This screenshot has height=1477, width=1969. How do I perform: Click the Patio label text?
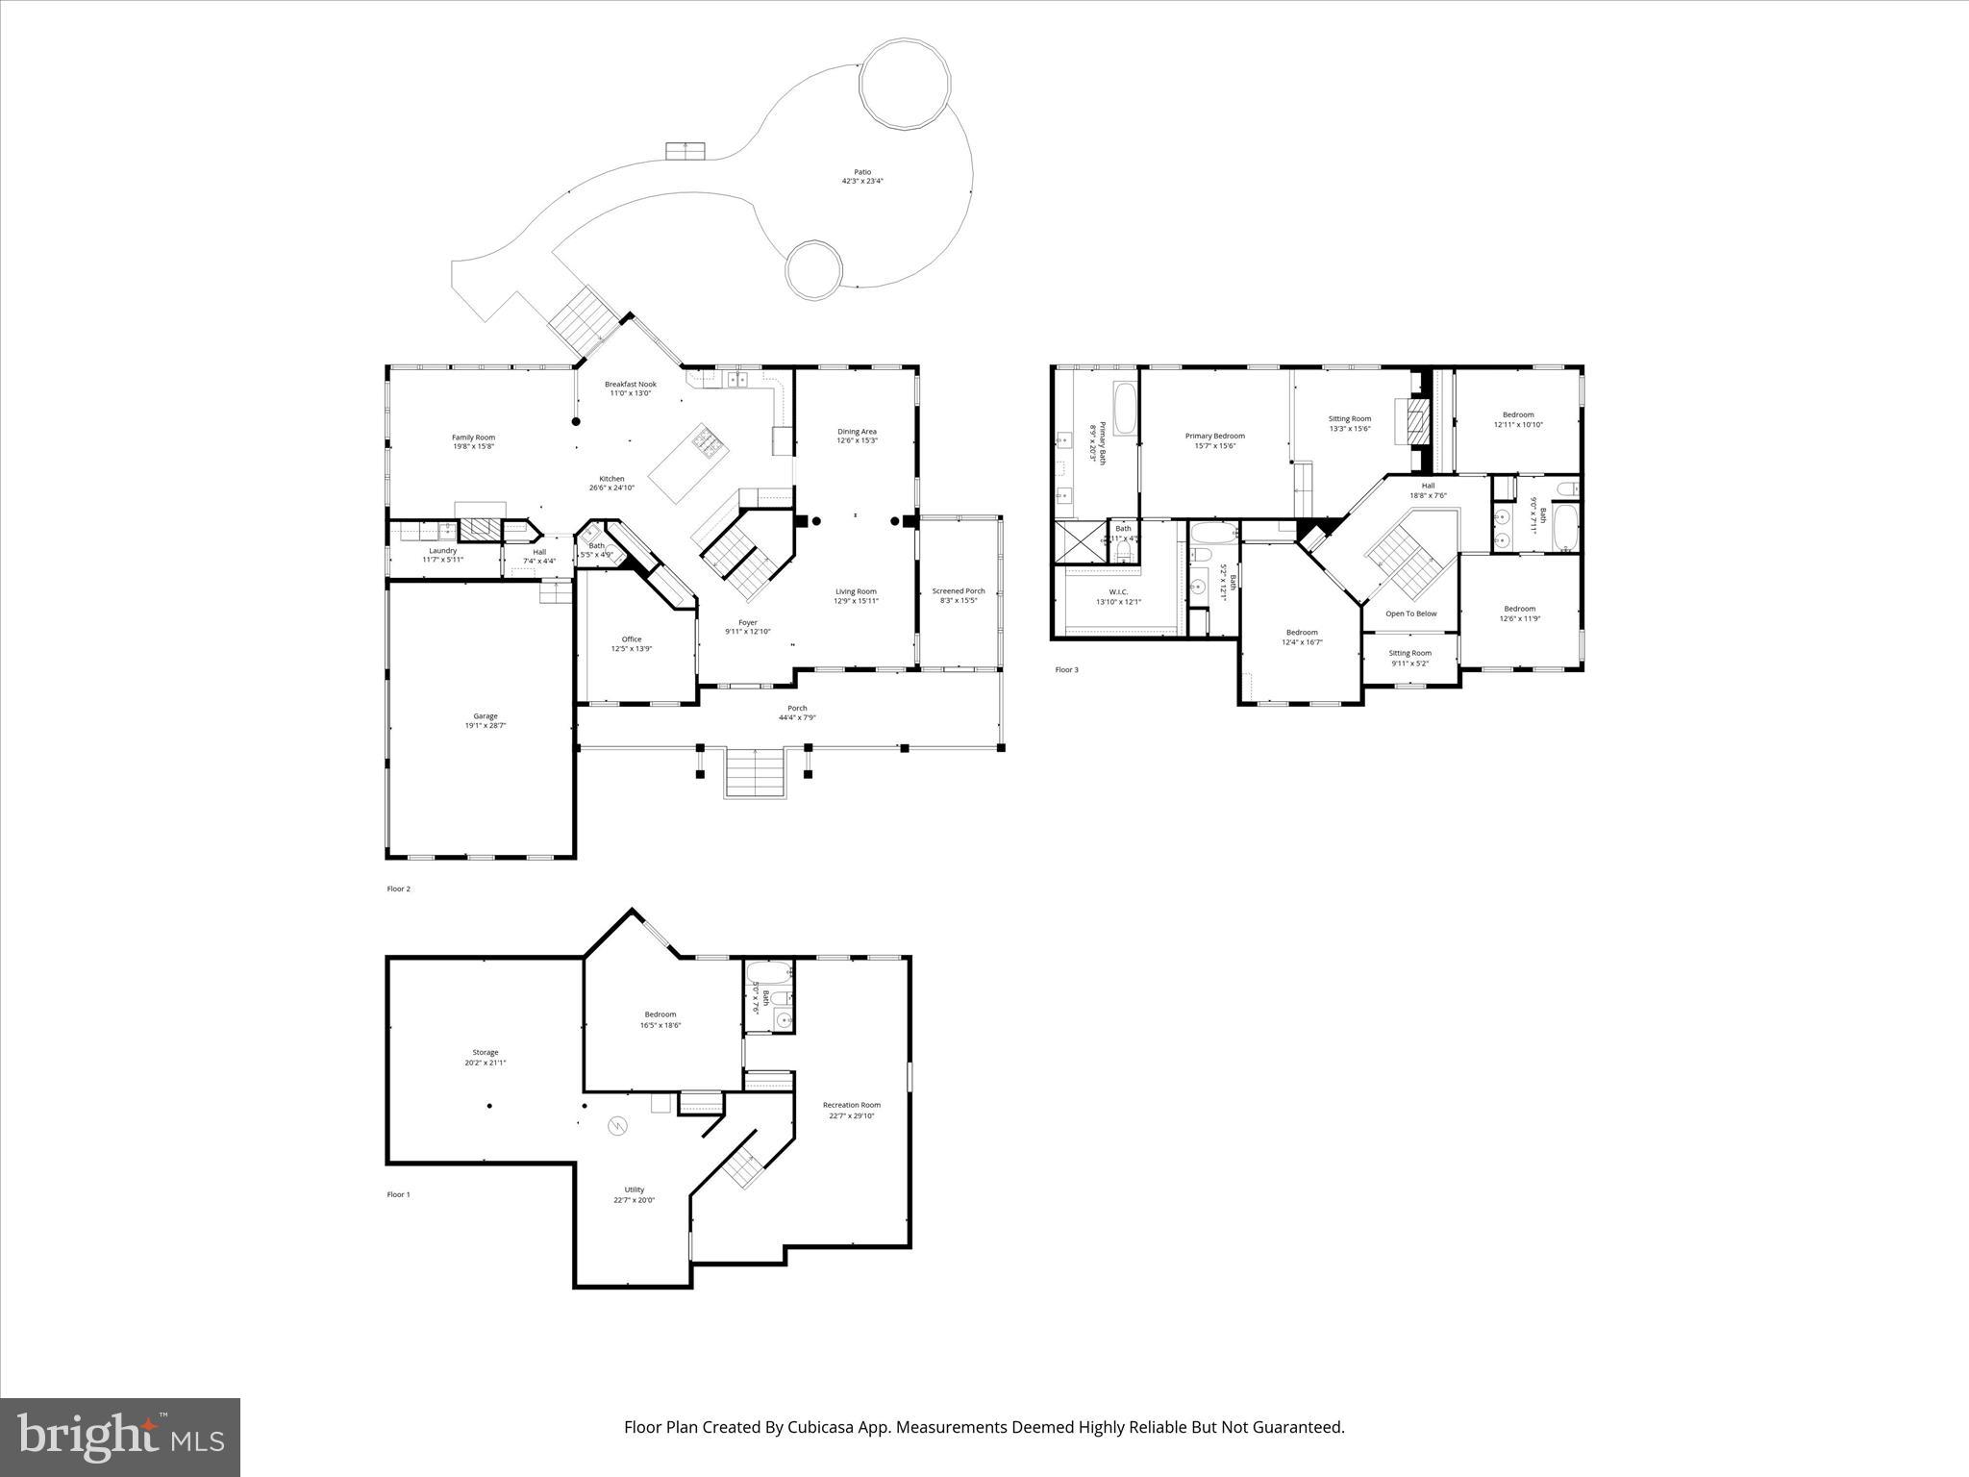(x=862, y=172)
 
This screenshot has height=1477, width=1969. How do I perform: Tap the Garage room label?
(x=485, y=716)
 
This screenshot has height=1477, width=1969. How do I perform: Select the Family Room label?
(x=473, y=438)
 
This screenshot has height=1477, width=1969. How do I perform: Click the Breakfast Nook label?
(x=631, y=384)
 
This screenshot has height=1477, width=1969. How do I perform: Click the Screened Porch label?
(x=959, y=591)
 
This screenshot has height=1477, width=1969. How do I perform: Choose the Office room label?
(x=631, y=639)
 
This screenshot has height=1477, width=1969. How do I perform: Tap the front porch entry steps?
(x=756, y=775)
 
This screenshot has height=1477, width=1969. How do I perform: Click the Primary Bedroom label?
(x=1214, y=437)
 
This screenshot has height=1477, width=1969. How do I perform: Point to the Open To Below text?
(x=1410, y=613)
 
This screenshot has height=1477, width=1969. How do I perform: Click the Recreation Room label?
(x=851, y=1105)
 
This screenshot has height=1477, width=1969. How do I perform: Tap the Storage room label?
(x=485, y=1052)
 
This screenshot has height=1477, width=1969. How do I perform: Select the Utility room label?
(x=634, y=1189)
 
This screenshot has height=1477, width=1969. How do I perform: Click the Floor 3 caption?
(x=1066, y=669)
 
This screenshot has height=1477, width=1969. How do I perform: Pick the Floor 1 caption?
(x=398, y=1194)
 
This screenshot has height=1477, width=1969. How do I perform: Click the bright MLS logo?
(x=120, y=1438)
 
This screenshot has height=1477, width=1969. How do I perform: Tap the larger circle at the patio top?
(x=904, y=85)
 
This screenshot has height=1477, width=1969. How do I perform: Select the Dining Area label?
(x=857, y=432)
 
